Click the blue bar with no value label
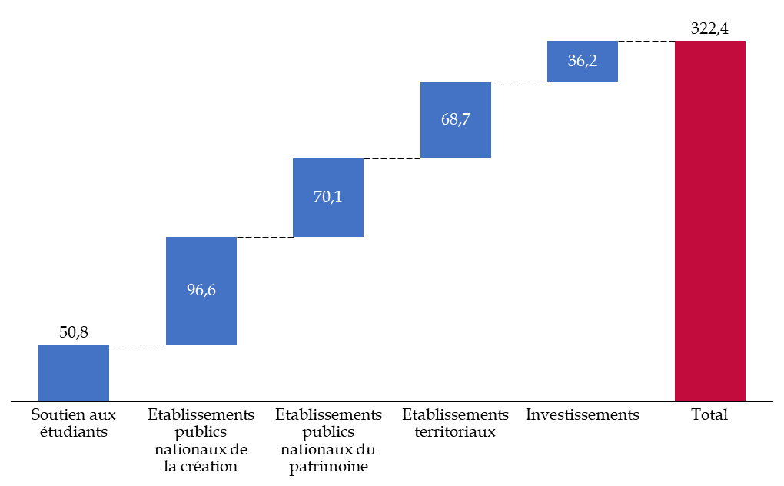tap(74, 372)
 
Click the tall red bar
tap(710, 221)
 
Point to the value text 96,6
tap(201, 290)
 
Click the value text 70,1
tap(328, 197)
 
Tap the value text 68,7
tap(456, 119)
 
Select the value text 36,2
tap(583, 61)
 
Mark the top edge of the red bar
tap(710, 42)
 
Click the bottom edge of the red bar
tap(710, 400)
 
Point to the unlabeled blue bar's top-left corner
tap(39, 345)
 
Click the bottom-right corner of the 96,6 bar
tap(236, 344)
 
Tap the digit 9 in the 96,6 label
tap(191, 290)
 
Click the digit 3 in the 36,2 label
tap(572, 61)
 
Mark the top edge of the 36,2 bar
tap(583, 42)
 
